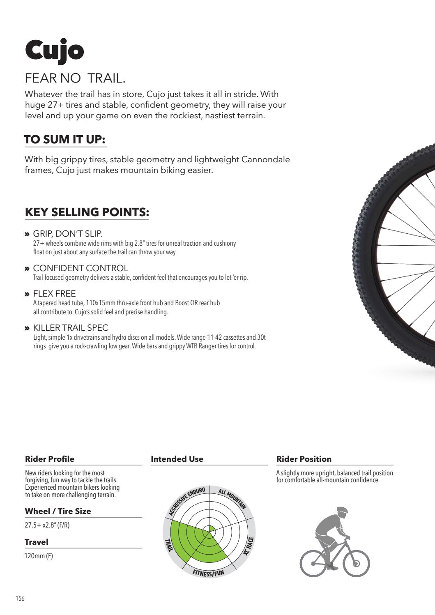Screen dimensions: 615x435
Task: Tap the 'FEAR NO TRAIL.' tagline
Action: [75, 78]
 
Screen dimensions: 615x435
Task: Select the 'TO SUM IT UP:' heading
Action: [65, 140]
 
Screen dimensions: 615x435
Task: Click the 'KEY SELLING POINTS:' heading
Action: [87, 212]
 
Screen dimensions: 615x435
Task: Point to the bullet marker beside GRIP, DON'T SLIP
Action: [27, 234]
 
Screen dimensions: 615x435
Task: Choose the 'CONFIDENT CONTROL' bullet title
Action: [81, 268]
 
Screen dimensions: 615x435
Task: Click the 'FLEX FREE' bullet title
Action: [54, 294]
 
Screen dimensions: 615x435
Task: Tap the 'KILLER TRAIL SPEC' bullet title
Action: [71, 328]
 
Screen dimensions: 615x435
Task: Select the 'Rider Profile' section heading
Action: [50, 459]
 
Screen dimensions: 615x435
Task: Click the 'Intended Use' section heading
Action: [177, 459]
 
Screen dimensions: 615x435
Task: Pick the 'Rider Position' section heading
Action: [304, 459]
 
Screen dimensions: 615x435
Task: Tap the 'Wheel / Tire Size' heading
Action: [58, 511]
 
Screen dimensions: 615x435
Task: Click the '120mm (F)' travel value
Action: [39, 556]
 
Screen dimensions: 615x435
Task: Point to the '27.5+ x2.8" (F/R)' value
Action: [47, 525]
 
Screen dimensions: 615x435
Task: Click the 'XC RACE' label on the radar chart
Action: [248, 546]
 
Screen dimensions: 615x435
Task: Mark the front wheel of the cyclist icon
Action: [356, 563]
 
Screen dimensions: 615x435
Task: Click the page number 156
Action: [20, 599]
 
